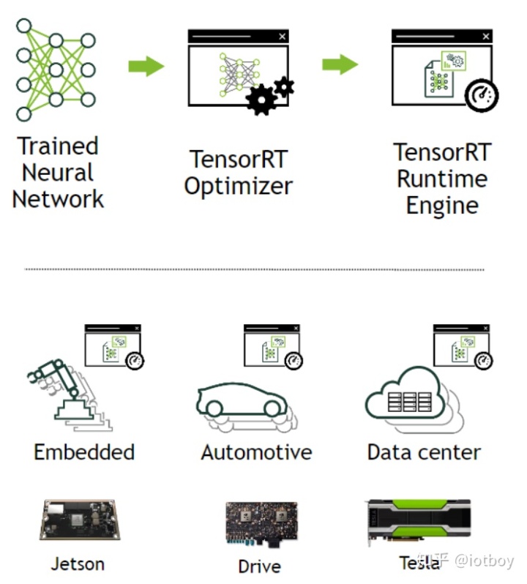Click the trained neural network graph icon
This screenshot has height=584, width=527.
point(56,69)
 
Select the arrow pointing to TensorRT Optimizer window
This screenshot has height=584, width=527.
point(146,66)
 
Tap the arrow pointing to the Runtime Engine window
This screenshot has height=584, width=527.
point(340,64)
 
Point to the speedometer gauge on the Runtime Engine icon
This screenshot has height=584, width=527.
point(481,95)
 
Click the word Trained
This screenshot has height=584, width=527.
point(58,146)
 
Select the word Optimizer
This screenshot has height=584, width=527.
point(239,186)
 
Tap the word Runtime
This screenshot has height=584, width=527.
point(442,179)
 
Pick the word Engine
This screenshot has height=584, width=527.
point(442,205)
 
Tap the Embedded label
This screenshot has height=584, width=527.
point(84,452)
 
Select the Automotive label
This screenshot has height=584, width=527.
point(256,452)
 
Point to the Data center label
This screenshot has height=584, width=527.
point(424,452)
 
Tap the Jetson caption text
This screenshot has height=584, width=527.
point(78,564)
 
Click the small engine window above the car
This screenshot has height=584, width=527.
point(272,347)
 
